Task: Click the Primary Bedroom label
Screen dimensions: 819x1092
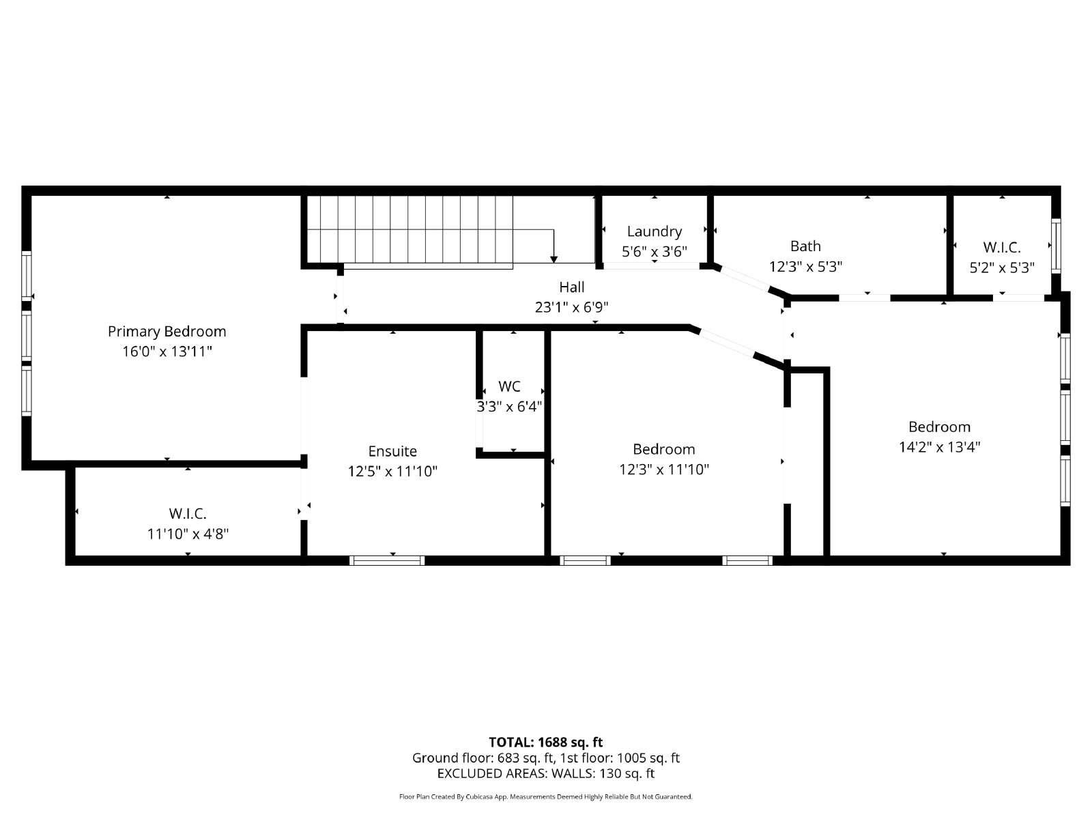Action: pyautogui.click(x=167, y=332)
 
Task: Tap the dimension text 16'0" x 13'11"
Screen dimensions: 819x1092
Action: pyautogui.click(x=167, y=352)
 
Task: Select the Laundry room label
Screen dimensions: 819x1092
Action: pyautogui.click(x=654, y=231)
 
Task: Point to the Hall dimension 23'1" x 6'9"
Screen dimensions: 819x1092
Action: pyautogui.click(x=571, y=308)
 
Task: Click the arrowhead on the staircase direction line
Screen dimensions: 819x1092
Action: pyautogui.click(x=554, y=259)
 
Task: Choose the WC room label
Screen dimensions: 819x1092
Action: pyautogui.click(x=509, y=386)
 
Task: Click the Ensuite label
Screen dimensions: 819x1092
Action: pyautogui.click(x=392, y=451)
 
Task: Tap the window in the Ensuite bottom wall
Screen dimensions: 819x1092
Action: pyautogui.click(x=387, y=560)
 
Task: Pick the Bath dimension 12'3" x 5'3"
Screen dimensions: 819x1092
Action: pyautogui.click(x=805, y=267)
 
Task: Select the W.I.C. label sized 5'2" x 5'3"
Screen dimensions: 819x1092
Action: pyautogui.click(x=1002, y=248)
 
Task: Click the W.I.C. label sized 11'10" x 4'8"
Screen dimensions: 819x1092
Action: pyautogui.click(x=188, y=513)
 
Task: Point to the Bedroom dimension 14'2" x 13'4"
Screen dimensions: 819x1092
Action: pyautogui.click(x=939, y=448)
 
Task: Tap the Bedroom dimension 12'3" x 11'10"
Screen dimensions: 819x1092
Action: pyautogui.click(x=664, y=470)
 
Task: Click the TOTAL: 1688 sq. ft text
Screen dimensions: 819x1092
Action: pyautogui.click(x=546, y=742)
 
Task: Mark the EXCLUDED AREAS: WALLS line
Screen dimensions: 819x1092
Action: pyautogui.click(x=546, y=774)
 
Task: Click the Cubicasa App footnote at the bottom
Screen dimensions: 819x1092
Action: pyautogui.click(x=546, y=796)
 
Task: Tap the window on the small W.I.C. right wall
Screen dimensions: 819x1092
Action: pyautogui.click(x=1056, y=246)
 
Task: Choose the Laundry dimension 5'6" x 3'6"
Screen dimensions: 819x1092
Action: pyautogui.click(x=654, y=252)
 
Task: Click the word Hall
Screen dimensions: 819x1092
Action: pyautogui.click(x=571, y=287)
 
